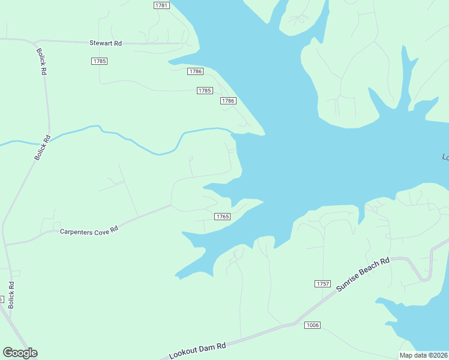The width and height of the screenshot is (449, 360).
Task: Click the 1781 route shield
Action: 161,5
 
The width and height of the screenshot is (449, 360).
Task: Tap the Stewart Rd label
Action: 106,43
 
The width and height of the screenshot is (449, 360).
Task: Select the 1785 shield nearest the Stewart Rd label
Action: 100,61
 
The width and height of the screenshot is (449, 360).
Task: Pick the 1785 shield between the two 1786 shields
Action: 205,91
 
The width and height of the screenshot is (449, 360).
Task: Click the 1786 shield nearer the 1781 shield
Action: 195,71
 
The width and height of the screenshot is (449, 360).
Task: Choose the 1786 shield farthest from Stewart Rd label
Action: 228,101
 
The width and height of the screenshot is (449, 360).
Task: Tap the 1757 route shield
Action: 322,283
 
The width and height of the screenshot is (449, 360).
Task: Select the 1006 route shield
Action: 312,325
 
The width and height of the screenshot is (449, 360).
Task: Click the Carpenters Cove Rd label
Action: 89,230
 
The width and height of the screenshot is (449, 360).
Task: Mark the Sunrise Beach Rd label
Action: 363,275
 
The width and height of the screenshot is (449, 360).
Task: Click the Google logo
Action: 20,353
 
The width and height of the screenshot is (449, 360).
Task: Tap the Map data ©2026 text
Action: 424,355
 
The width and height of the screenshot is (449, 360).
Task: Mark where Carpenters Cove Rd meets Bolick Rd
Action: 5,244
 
